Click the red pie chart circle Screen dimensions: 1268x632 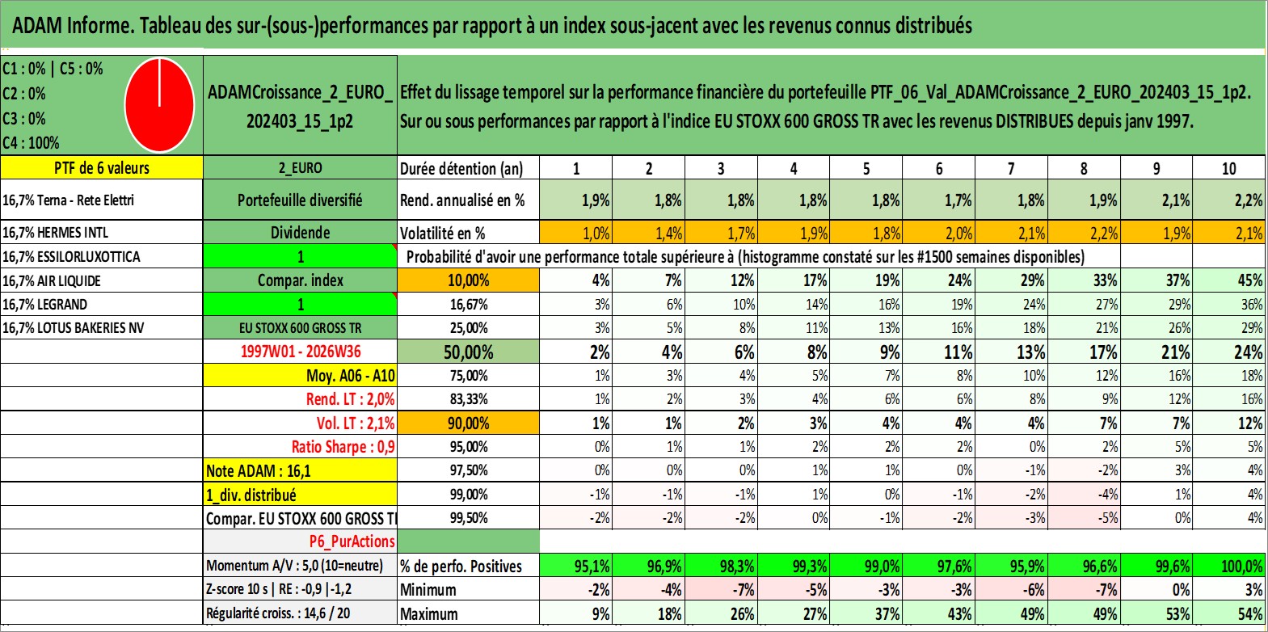[x=160, y=105]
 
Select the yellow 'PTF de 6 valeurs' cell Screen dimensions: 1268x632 [x=102, y=167]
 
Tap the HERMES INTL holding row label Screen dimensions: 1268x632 [x=56, y=232]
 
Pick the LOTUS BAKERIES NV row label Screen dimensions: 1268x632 [x=74, y=327]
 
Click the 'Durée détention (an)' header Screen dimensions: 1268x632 [x=461, y=168]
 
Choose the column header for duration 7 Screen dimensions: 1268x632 [x=1011, y=168]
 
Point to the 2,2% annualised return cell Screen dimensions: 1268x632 [x=1229, y=200]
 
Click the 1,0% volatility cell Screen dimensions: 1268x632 [x=575, y=233]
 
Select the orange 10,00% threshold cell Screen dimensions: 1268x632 [x=468, y=280]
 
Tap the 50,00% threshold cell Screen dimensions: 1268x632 [x=468, y=352]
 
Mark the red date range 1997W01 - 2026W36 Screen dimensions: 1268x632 [x=301, y=352]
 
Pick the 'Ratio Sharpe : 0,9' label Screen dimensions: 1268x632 [x=343, y=447]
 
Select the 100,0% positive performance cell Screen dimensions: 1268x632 [x=1229, y=565]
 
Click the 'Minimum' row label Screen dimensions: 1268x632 [x=428, y=589]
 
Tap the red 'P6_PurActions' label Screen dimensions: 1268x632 [x=352, y=541]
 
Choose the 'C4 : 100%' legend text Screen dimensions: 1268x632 [x=32, y=143]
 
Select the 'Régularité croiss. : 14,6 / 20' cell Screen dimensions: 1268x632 [x=278, y=613]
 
